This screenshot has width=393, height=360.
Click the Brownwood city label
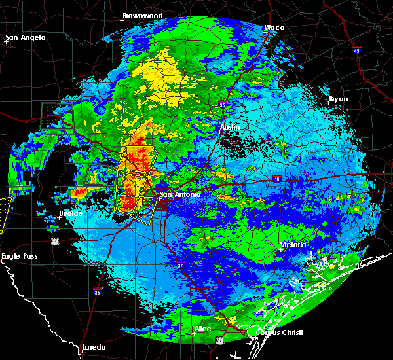point(142,14)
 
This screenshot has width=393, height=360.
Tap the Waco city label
point(274,27)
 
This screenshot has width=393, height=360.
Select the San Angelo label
point(26,37)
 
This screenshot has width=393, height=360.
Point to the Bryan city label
point(338,99)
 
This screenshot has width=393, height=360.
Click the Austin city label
point(230,126)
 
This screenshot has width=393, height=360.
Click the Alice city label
point(202,329)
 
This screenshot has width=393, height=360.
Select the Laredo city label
point(93,347)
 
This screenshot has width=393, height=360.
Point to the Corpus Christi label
point(269,333)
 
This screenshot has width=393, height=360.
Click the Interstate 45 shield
point(357,50)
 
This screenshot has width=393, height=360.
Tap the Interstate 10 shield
point(277,179)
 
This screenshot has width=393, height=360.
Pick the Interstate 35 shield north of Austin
point(223,104)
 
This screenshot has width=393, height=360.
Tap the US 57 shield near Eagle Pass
point(56,242)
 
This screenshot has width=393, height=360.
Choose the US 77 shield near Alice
point(220,340)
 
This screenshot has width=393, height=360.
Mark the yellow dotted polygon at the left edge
point(5,213)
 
